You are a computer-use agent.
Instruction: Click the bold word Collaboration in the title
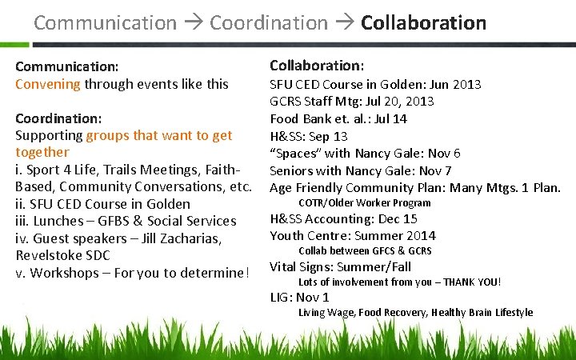coord(423,22)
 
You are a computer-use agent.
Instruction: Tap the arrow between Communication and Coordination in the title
coord(193,23)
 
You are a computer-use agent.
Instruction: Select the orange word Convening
coord(48,83)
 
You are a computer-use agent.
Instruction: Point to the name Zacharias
coord(197,238)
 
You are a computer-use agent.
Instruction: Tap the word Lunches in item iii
coord(59,221)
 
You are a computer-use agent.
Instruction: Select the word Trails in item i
coord(122,170)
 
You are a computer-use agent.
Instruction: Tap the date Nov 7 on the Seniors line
coord(435,170)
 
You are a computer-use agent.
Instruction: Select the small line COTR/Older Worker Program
coord(364,203)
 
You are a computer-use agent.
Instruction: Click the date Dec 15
coord(399,218)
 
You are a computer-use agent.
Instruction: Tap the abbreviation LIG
coord(280,298)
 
